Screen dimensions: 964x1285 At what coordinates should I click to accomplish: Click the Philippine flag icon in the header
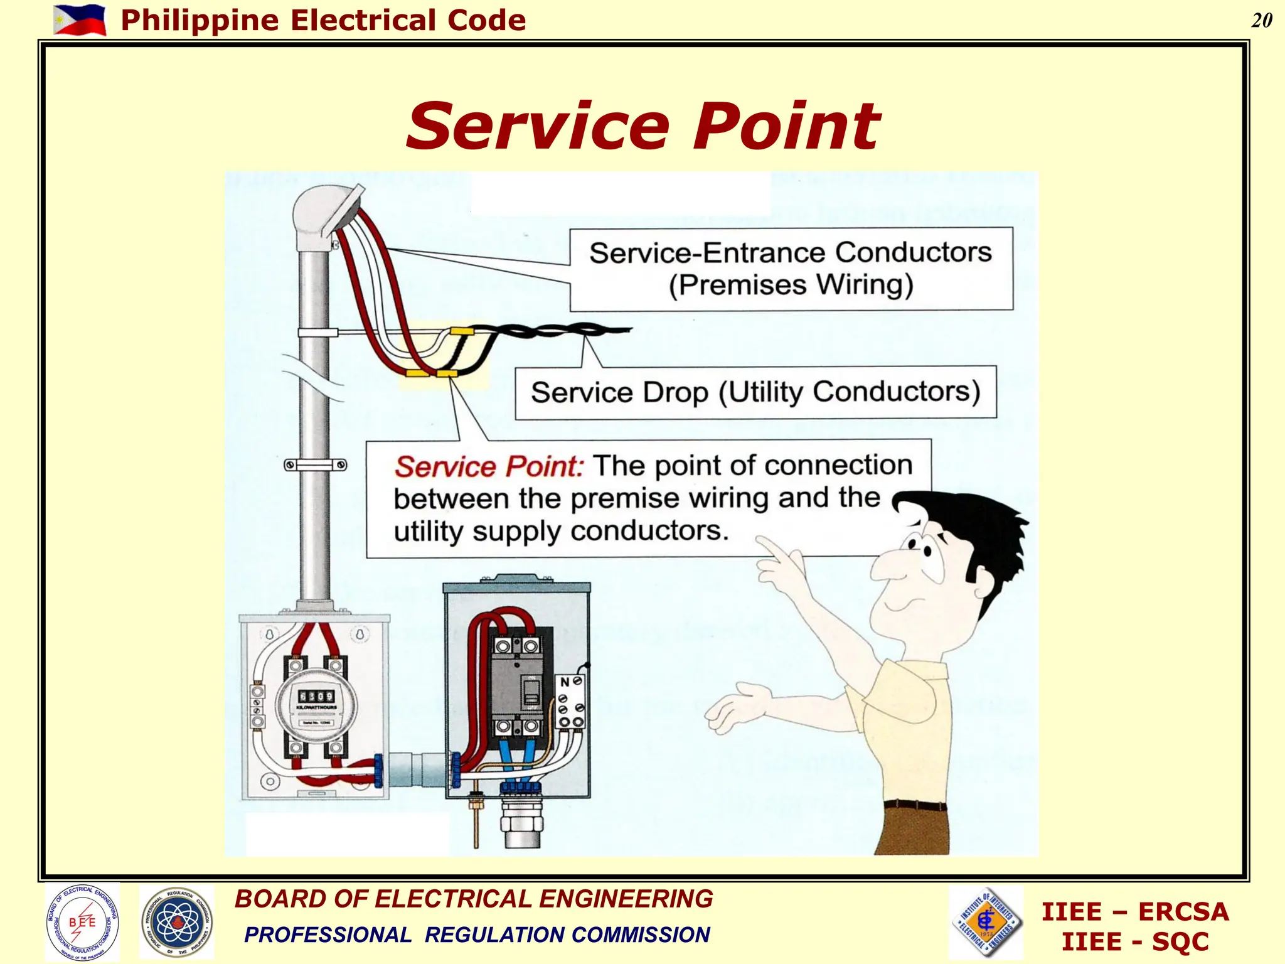[x=80, y=20]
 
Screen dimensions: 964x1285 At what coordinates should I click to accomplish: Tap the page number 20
[x=1261, y=21]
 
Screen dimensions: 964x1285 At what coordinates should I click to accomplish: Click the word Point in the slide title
[x=787, y=127]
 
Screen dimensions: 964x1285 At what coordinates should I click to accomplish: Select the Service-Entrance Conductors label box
[x=791, y=269]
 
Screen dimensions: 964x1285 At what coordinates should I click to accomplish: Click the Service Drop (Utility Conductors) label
[x=755, y=392]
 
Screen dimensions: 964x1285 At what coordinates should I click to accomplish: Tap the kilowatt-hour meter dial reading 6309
[x=316, y=696]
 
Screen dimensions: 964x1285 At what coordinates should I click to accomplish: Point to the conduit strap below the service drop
[x=315, y=465]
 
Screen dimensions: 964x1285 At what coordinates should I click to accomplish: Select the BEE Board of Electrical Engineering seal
[x=82, y=922]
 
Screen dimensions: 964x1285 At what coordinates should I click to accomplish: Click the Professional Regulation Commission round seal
[x=177, y=922]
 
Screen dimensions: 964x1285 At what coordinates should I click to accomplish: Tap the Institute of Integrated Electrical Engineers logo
[x=986, y=922]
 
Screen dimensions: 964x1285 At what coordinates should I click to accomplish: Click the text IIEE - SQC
[x=1134, y=942]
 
